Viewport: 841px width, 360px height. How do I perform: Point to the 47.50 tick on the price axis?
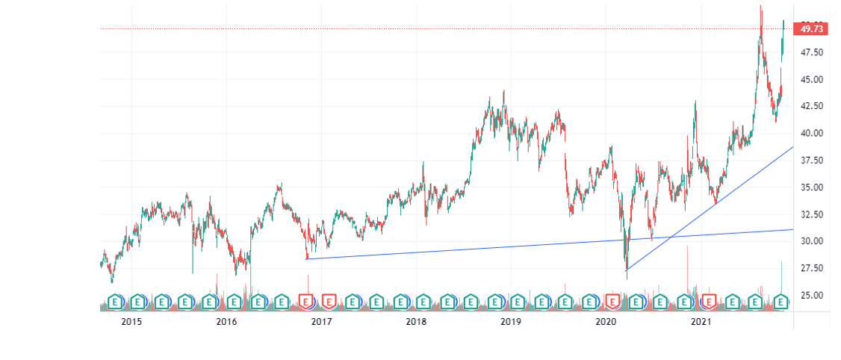[812, 52]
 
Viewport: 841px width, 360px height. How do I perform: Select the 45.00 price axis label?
[812, 79]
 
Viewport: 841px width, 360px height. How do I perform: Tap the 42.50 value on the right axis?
[812, 106]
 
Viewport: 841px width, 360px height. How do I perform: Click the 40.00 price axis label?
[812, 134]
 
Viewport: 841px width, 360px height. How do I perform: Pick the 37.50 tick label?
[812, 161]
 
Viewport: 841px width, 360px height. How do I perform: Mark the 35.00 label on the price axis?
[812, 187]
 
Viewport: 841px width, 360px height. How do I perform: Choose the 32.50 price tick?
[812, 214]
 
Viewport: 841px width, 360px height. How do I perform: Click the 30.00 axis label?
[812, 241]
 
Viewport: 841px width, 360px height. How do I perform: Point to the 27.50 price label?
[812, 268]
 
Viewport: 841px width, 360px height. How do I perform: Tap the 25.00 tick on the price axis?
[812, 295]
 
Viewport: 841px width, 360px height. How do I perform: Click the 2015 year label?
[131, 322]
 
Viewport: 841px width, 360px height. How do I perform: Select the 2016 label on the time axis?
[226, 322]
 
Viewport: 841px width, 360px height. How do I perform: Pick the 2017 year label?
[321, 322]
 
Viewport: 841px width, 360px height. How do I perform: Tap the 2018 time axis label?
[416, 322]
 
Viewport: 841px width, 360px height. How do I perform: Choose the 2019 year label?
[511, 322]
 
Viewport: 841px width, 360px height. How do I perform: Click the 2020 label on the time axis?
[606, 322]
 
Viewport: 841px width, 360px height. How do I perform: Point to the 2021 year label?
[701, 322]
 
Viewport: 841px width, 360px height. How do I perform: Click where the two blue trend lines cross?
[671, 237]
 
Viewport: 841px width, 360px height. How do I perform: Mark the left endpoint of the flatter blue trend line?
[307, 259]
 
